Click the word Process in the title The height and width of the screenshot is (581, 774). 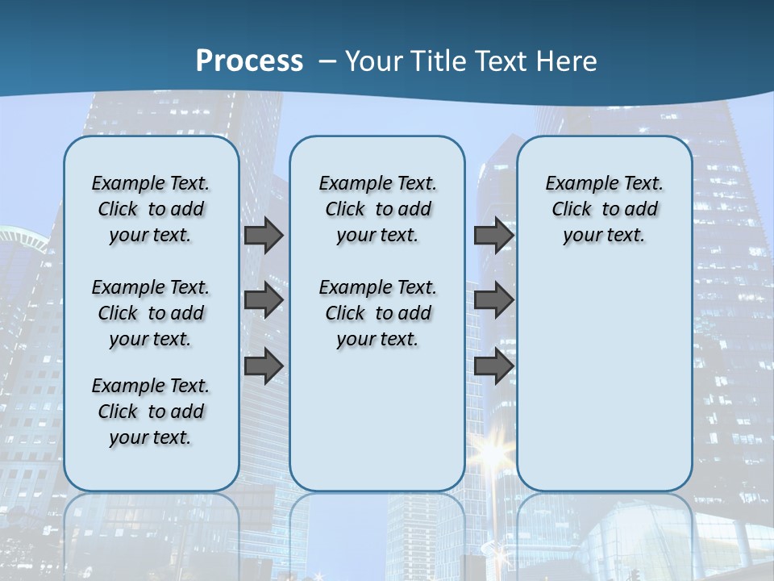click(249, 61)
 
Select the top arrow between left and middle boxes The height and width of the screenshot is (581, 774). click(264, 236)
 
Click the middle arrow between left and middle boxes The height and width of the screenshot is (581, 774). click(264, 300)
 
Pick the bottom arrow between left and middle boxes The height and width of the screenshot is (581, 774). click(264, 366)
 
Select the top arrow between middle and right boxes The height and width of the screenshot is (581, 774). click(493, 236)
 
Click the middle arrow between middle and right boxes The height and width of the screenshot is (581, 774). click(493, 300)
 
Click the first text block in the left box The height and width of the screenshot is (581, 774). click(151, 209)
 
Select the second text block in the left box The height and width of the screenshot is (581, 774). click(151, 313)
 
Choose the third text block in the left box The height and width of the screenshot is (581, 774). click(151, 412)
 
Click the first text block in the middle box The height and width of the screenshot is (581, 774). click(377, 209)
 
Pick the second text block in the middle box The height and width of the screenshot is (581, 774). click(377, 313)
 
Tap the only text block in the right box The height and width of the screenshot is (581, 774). click(604, 209)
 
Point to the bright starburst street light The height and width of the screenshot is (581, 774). click(492, 453)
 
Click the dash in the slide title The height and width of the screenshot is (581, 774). click(327, 61)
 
